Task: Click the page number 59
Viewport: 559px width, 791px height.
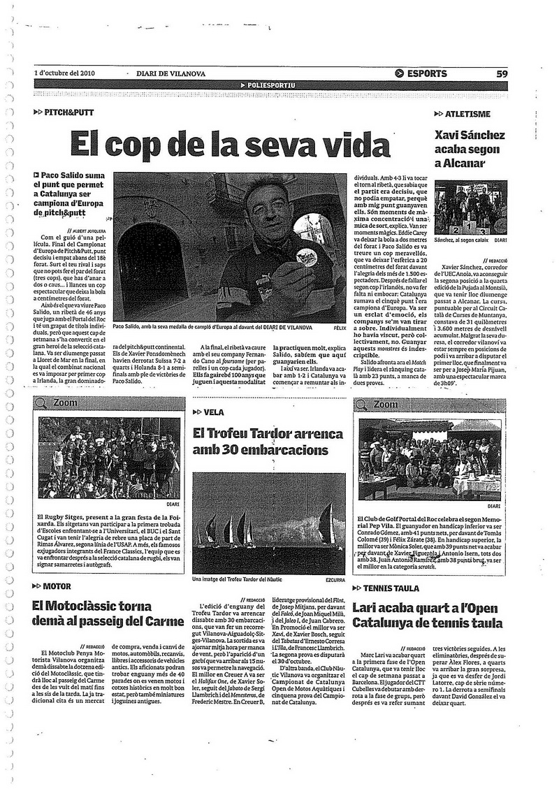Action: [x=502, y=73]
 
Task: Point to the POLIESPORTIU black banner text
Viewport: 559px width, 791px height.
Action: [x=271, y=85]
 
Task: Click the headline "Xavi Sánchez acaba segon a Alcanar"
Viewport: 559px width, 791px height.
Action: [x=470, y=150]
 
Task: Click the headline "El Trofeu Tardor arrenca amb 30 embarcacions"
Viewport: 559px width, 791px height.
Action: [x=268, y=442]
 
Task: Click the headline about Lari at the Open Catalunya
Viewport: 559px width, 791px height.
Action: [x=428, y=615]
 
